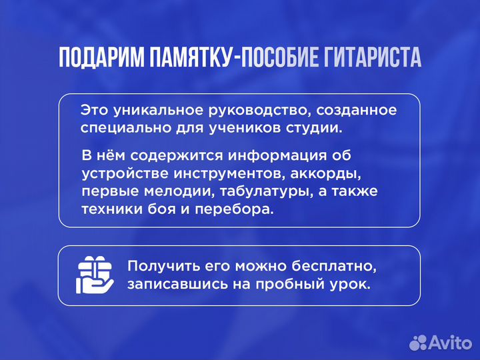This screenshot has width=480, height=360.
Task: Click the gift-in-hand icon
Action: point(97,275)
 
